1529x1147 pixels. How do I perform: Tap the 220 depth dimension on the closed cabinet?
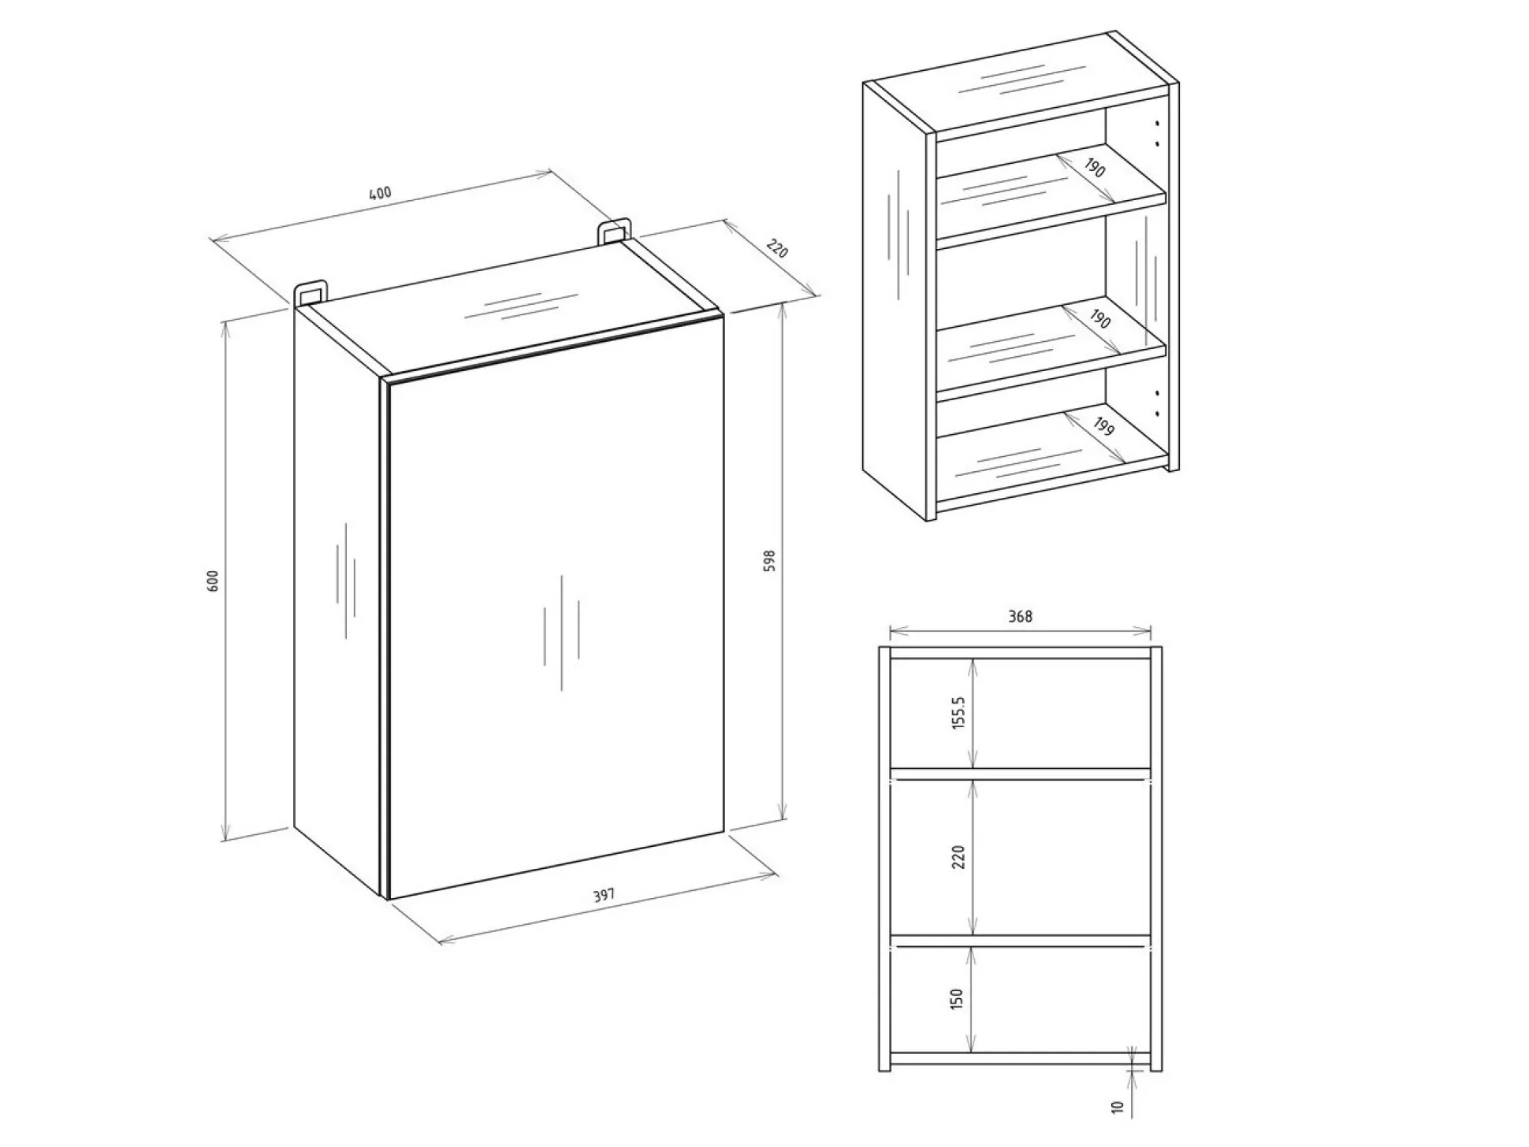pyautogui.click(x=776, y=249)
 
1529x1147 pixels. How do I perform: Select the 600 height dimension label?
pyautogui.click(x=212, y=580)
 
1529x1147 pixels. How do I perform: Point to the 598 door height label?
pyautogui.click(x=770, y=560)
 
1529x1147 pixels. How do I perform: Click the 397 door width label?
pyautogui.click(x=603, y=896)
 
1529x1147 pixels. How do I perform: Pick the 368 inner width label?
pyautogui.click(x=1020, y=616)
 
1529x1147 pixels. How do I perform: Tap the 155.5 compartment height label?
pyautogui.click(x=958, y=712)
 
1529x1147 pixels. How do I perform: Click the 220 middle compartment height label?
pyautogui.click(x=958, y=856)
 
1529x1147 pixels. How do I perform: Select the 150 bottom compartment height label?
pyautogui.click(x=957, y=999)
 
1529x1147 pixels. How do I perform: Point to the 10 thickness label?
pyautogui.click(x=1117, y=1106)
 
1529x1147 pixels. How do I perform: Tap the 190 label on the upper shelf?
pyautogui.click(x=1094, y=168)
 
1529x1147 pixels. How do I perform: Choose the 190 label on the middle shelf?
pyautogui.click(x=1099, y=319)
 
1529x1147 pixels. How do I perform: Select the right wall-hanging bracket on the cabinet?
pyautogui.click(x=614, y=232)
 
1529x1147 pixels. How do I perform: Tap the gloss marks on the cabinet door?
pyautogui.click(x=561, y=632)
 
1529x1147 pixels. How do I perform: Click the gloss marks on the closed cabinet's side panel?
pyautogui.click(x=345, y=579)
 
